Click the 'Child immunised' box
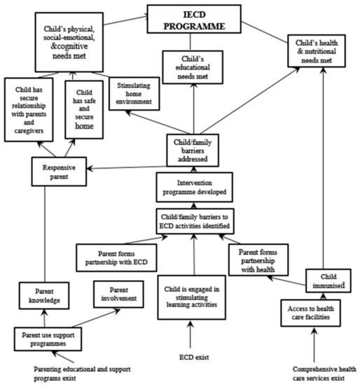pyautogui.click(x=324, y=277)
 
